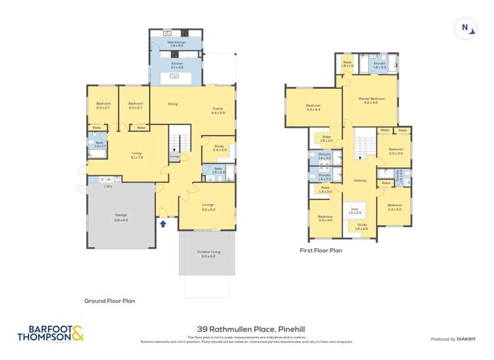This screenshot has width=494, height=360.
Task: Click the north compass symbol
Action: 465,28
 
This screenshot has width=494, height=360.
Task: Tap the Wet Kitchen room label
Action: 177,44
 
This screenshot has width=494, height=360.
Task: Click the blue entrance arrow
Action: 163,224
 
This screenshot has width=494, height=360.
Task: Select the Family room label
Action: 218,111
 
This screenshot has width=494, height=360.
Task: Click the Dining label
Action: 173,104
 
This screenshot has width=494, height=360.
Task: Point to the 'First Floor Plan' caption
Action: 321,250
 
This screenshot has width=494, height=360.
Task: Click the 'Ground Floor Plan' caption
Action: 109,301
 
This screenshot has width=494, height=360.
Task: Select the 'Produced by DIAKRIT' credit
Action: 452,339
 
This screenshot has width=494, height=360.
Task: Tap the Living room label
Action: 137,156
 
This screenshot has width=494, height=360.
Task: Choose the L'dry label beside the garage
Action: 108,186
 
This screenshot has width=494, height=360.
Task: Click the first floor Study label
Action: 362,226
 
